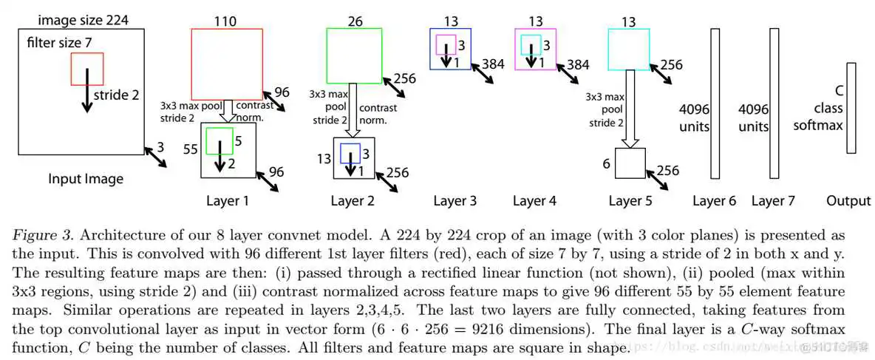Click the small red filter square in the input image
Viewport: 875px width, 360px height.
pyautogui.click(x=87, y=69)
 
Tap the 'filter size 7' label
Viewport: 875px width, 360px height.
pyautogui.click(x=60, y=43)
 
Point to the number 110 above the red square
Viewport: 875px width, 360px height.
pyautogui.click(x=225, y=21)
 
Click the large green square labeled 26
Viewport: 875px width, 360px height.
pyautogui.click(x=354, y=55)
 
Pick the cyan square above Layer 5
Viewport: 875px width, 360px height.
pyautogui.click(x=629, y=49)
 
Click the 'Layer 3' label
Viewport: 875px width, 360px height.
pyautogui.click(x=455, y=201)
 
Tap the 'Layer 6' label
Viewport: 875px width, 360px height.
pyautogui.click(x=715, y=201)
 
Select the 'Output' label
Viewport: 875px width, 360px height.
pyautogui.click(x=849, y=201)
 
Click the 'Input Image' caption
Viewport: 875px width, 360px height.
pyautogui.click(x=86, y=179)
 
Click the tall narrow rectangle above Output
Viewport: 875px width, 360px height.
pyautogui.click(x=851, y=108)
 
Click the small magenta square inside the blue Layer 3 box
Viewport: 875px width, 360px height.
pyautogui.click(x=445, y=44)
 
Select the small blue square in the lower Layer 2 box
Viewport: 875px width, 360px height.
pyautogui.click(x=350, y=153)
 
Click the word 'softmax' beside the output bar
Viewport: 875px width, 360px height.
pyautogui.click(x=818, y=126)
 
